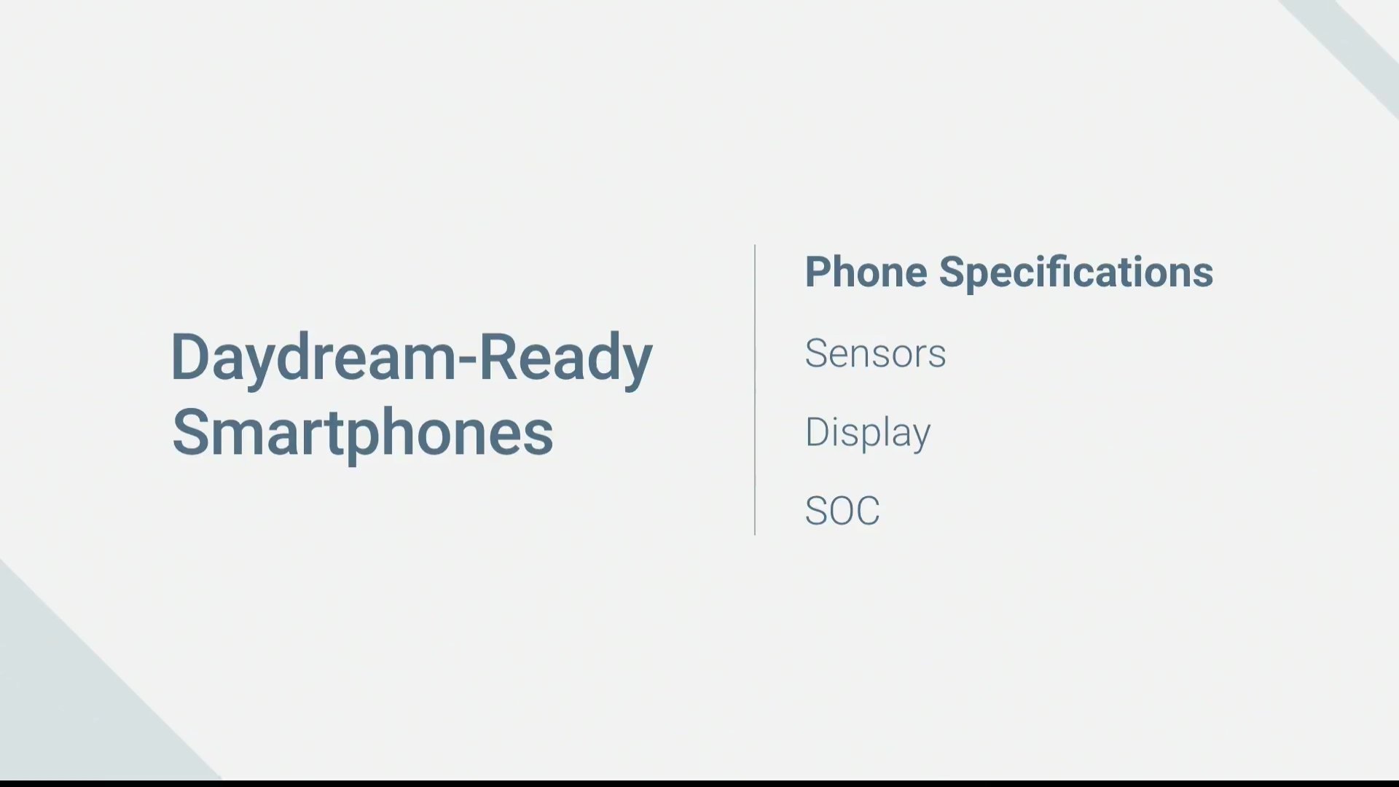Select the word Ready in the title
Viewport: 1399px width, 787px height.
click(x=565, y=358)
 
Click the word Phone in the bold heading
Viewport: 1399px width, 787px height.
click(x=866, y=272)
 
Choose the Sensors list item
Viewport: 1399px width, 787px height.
click(x=875, y=353)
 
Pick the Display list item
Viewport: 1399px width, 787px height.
click(x=868, y=433)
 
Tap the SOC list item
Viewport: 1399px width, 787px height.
click(x=842, y=511)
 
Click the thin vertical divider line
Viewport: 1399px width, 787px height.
click(x=755, y=390)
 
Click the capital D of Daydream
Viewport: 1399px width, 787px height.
click(x=191, y=356)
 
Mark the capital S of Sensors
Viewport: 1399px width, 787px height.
click(x=817, y=353)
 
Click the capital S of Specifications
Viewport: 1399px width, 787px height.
click(x=952, y=272)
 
